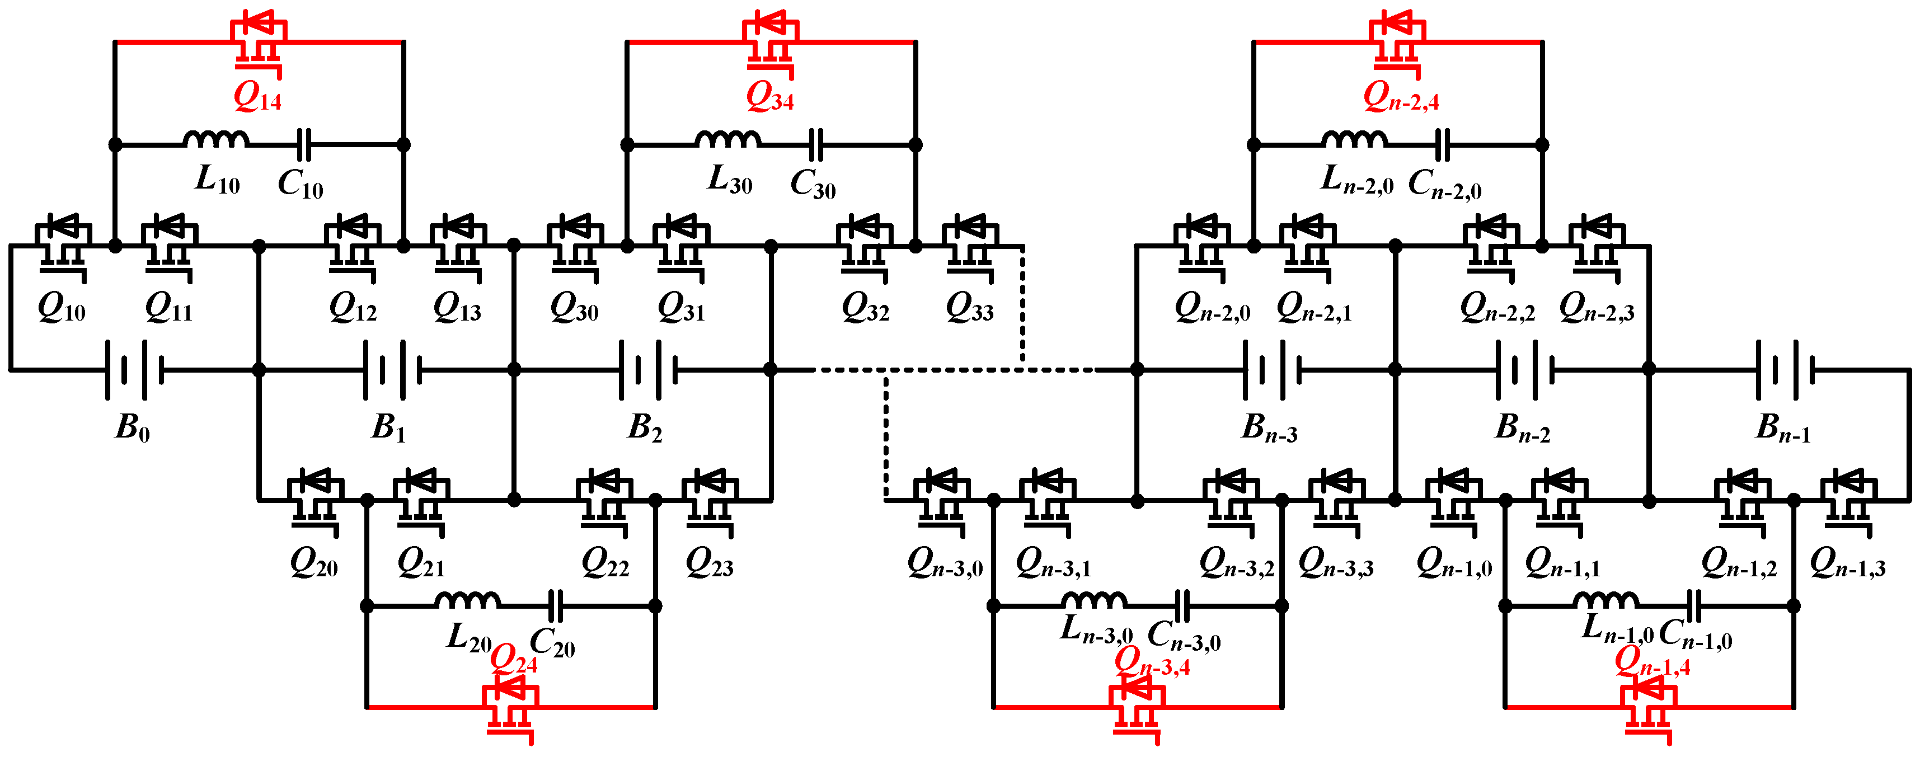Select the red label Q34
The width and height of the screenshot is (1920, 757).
(x=769, y=97)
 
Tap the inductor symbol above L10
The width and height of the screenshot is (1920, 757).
(x=215, y=139)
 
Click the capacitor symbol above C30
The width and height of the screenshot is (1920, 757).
(x=817, y=144)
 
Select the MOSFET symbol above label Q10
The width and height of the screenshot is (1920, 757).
(x=63, y=245)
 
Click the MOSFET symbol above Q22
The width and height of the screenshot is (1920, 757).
(x=604, y=499)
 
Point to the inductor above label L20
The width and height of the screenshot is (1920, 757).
(x=467, y=600)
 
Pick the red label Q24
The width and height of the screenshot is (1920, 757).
(x=514, y=659)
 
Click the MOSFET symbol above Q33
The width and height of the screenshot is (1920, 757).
(x=970, y=245)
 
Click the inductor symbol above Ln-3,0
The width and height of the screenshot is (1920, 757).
(x=1093, y=600)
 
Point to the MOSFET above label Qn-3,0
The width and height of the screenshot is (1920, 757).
(x=941, y=499)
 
